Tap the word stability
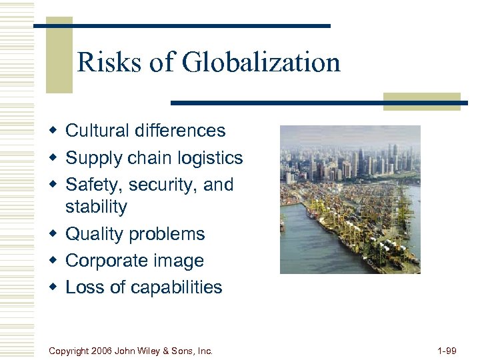coord(96,207)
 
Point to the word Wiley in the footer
coord(159,350)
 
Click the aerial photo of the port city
coord(350,199)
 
